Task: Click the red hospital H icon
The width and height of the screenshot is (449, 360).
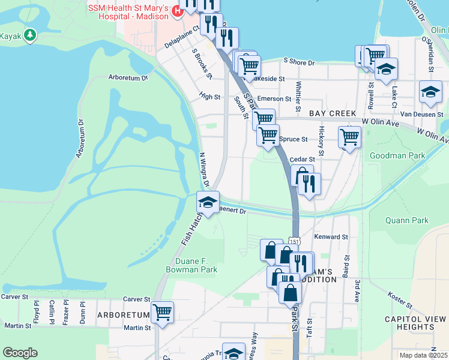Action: (176, 10)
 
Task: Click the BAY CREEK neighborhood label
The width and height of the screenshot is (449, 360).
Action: (333, 113)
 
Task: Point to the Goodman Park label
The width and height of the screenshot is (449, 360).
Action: (397, 156)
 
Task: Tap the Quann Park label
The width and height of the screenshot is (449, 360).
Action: (407, 220)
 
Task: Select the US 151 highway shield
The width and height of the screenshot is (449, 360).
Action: (294, 241)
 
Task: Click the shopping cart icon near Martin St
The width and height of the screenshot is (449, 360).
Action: (162, 313)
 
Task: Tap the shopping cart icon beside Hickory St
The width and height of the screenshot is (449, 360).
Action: (349, 136)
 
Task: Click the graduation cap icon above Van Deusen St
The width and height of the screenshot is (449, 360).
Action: (430, 92)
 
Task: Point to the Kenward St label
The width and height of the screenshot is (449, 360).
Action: (331, 237)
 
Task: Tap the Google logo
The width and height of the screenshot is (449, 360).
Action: (20, 353)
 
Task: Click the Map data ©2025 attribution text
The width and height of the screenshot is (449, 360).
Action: (423, 355)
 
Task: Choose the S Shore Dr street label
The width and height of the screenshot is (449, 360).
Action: (298, 62)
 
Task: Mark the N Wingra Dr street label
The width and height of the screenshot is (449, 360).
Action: (203, 169)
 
